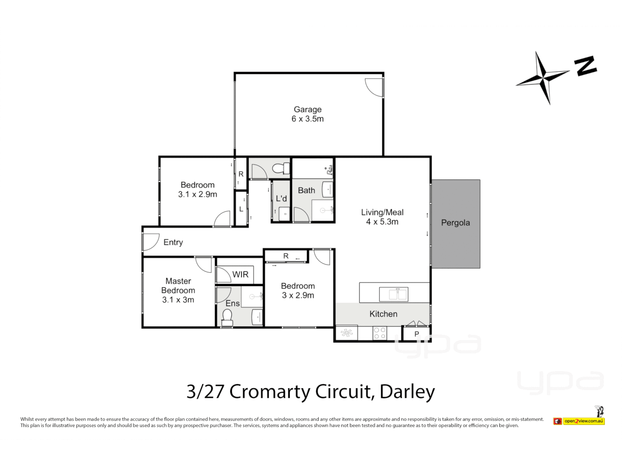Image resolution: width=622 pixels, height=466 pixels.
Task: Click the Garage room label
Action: (308, 110)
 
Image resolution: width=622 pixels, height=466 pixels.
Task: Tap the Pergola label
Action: (455, 223)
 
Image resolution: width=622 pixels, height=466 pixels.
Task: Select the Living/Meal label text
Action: (382, 212)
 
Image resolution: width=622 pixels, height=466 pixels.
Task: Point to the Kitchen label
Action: (383, 314)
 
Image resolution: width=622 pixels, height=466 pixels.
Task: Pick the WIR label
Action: (240, 274)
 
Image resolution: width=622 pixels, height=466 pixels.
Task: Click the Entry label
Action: (173, 242)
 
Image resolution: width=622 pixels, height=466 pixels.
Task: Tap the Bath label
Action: (306, 190)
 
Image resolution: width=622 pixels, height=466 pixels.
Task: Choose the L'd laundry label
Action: (281, 198)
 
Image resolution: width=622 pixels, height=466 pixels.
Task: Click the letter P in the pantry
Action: (416, 334)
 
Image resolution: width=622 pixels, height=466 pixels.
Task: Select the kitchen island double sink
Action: (394, 294)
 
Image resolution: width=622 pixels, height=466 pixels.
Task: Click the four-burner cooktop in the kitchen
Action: (380, 333)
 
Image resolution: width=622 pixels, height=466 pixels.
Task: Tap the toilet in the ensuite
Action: (227, 318)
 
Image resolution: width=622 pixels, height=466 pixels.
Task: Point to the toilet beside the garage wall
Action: (282, 168)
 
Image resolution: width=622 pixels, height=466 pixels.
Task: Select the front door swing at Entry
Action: (150, 242)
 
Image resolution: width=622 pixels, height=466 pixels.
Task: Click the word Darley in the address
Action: (407, 392)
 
